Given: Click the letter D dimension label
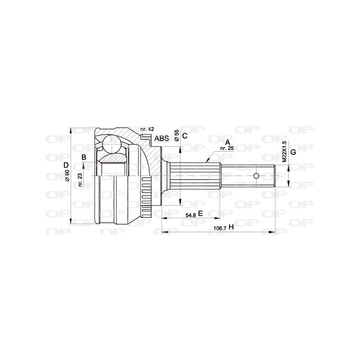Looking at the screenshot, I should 66,165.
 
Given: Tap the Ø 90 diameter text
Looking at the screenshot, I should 67,175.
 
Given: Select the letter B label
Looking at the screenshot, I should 83,157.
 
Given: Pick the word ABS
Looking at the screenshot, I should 162,139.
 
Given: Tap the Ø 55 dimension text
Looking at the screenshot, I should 177,135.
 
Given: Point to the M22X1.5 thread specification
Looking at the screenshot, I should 284,152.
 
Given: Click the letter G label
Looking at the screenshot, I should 293,152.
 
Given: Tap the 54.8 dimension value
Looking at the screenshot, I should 190,215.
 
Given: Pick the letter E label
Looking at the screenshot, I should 201,214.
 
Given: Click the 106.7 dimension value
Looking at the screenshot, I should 219,228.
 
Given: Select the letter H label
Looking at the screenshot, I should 231,227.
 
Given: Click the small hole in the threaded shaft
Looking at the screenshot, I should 256,175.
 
